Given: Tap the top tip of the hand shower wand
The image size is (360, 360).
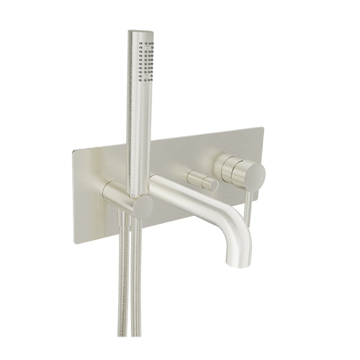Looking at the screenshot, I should [140, 32].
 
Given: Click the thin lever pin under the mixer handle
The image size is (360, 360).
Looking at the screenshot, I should [249, 208].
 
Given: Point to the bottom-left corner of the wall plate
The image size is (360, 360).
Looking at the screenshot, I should [76, 242].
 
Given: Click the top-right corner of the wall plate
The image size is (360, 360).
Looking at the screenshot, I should [262, 129].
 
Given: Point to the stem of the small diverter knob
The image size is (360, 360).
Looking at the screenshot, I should [195, 178].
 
